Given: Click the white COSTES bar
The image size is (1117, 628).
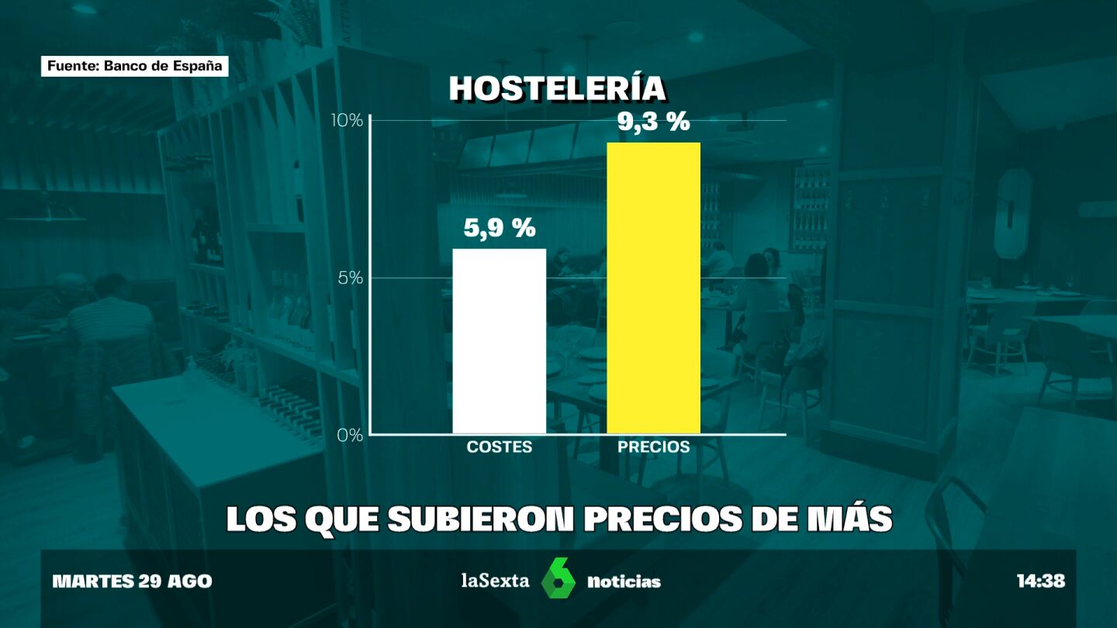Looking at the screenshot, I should (x=499, y=341).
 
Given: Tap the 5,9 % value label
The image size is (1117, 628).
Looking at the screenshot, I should (x=500, y=228).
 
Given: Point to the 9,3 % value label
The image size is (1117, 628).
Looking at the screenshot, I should (x=654, y=122).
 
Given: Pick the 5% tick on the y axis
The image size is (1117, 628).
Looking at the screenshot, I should (x=351, y=278).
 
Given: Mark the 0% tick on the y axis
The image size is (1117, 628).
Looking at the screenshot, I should (x=351, y=436).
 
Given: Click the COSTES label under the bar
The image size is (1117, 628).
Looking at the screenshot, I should (x=500, y=447).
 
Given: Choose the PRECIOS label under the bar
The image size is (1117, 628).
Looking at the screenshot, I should (x=653, y=447).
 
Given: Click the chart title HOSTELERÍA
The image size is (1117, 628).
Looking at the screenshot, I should (x=558, y=89).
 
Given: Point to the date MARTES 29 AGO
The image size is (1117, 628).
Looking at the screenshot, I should (x=132, y=581).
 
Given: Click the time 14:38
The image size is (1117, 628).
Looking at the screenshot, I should (x=1041, y=581).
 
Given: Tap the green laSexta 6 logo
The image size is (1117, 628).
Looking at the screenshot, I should (x=558, y=578).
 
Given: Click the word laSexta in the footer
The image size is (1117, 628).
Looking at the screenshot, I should (x=496, y=581).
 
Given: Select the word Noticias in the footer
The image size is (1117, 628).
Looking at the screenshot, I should (x=624, y=581).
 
